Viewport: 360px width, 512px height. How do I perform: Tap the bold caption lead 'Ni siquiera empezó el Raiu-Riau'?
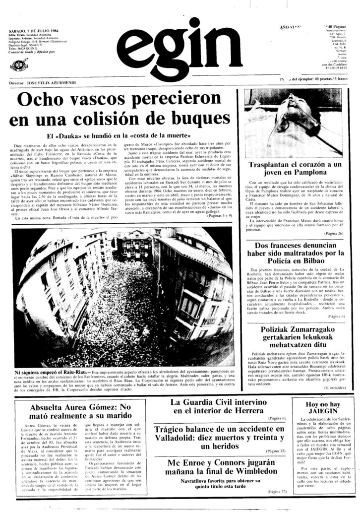pyautogui.click(x=52, y=372)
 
